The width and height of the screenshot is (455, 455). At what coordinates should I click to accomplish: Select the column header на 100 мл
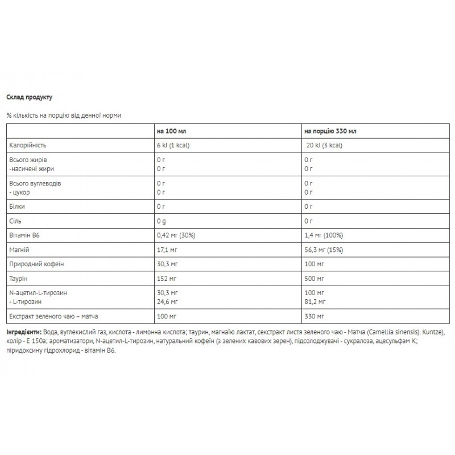pyautogui.click(x=171, y=130)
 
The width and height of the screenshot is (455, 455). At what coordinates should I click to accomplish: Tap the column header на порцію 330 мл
pyautogui.click(x=330, y=130)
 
